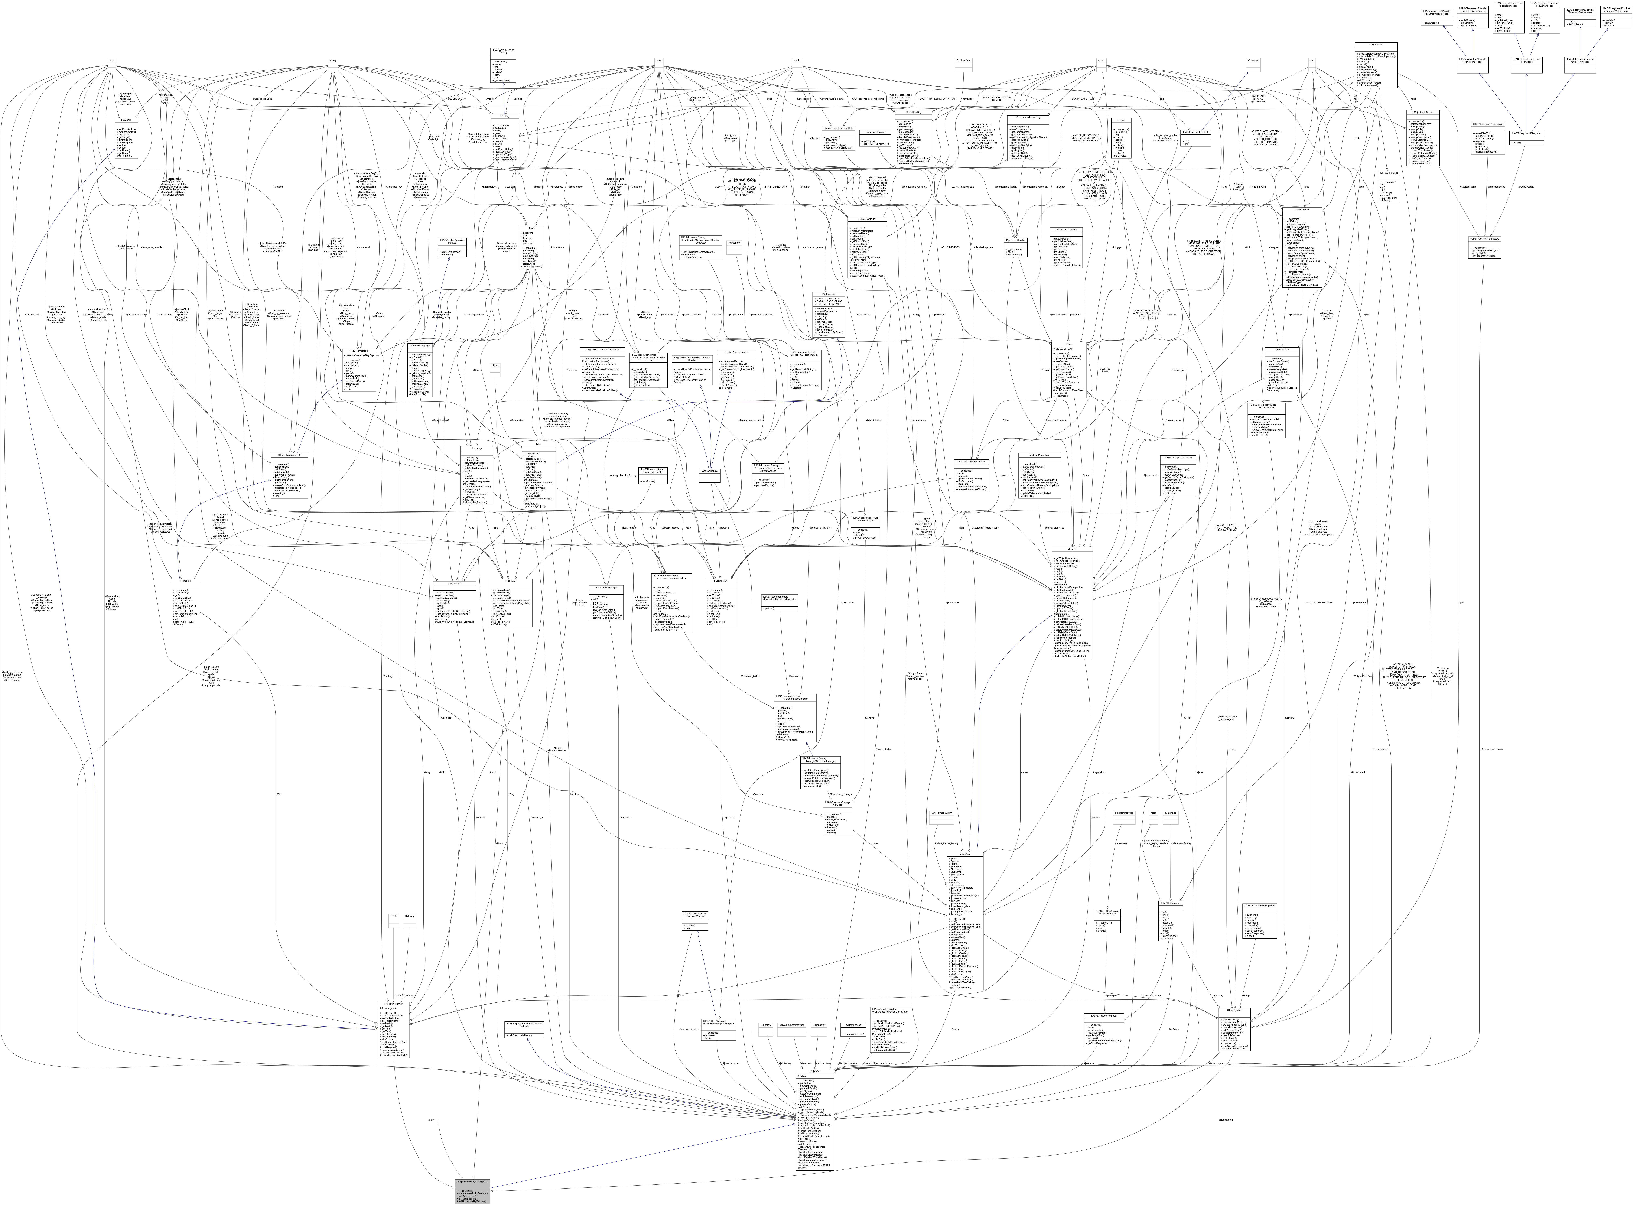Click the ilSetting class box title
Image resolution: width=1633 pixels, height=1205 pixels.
[x=500, y=115]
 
